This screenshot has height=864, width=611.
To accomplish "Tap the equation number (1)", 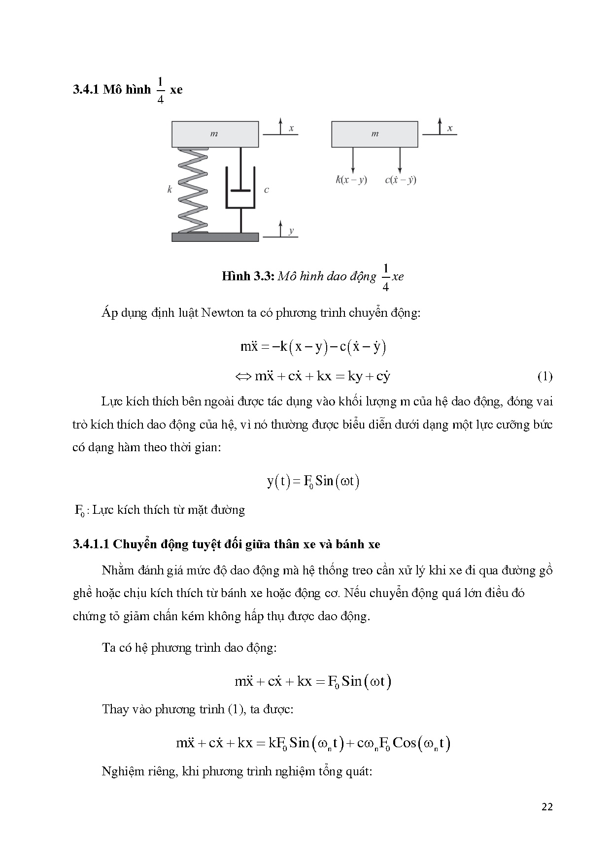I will pos(544,377).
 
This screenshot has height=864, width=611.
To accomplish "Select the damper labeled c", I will pos(240,190).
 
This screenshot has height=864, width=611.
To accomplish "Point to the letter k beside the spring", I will pos(170,189).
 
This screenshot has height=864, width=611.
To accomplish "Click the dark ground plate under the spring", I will pos(215,237).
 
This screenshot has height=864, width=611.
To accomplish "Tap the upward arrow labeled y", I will pos(280,229).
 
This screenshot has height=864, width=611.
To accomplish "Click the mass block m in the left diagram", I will pos(215,134).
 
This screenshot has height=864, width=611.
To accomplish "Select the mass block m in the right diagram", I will pos(374,134).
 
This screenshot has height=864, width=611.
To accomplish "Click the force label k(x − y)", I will pos(351,180).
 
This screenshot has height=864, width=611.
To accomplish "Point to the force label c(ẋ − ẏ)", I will pos(400,180).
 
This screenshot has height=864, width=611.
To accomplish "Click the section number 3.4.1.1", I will pos(91,544).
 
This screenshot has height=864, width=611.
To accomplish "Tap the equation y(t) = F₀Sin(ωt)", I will pos(313,481).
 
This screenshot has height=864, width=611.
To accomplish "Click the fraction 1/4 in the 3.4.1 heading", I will pos(160,90).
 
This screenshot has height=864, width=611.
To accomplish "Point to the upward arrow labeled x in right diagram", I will pos(440,126).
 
